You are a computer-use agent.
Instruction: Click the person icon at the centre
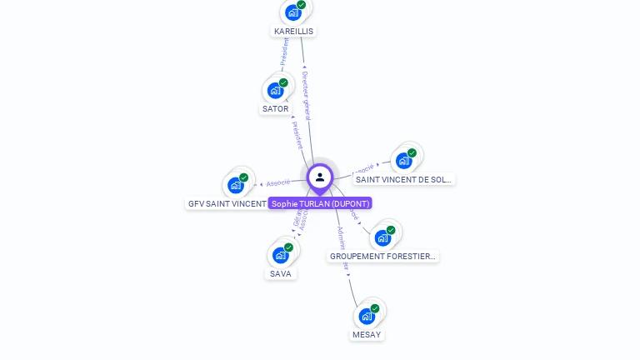click(320, 177)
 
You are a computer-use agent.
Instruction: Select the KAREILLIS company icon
click(293, 12)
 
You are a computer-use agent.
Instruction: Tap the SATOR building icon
click(276, 90)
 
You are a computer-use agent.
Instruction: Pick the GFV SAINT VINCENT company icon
click(236, 185)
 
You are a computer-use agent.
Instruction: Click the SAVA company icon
click(281, 255)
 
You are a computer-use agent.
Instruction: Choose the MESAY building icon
click(367, 316)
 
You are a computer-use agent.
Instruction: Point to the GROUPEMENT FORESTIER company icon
click(382, 237)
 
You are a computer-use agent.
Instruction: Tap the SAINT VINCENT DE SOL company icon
click(404, 160)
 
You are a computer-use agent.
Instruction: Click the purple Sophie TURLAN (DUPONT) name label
click(320, 203)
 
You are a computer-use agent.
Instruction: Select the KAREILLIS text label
click(294, 31)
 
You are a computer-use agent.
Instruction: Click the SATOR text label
click(276, 109)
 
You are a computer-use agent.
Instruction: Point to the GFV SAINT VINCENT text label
click(227, 203)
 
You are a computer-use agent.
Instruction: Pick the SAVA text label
click(281, 273)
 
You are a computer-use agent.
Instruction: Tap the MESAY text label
click(367, 334)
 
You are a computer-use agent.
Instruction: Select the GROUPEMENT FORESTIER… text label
click(382, 257)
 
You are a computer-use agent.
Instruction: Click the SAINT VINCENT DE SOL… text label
click(403, 179)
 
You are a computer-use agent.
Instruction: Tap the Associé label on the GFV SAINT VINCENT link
click(278, 182)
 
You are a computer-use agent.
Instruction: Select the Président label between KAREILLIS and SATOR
click(284, 52)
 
